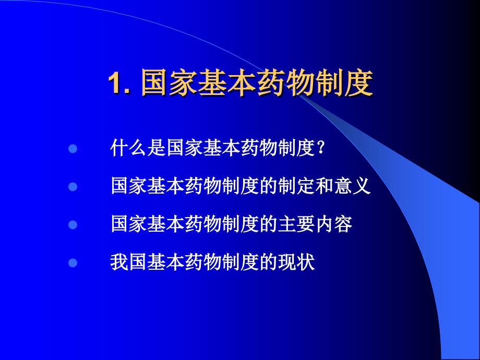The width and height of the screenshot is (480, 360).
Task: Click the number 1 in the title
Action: click(115, 83)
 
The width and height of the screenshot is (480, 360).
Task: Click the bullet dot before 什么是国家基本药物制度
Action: click(73, 149)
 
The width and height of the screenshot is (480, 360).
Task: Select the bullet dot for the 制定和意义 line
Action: click(73, 186)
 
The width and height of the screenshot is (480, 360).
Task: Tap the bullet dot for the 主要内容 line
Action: click(73, 224)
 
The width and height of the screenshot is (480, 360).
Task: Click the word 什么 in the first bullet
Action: click(129, 149)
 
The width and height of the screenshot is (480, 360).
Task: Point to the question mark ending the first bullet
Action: click(321, 149)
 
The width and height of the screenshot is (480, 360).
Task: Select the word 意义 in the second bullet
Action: click(352, 186)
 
